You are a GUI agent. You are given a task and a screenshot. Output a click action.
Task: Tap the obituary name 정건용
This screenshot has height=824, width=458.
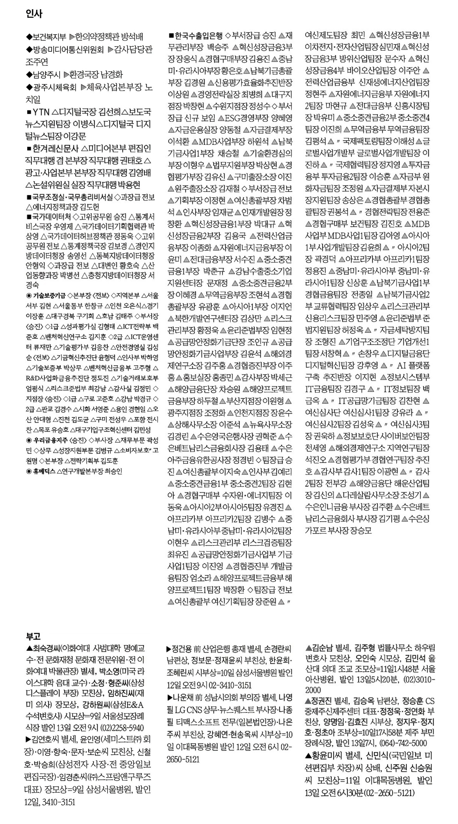click(x=181, y=649)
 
